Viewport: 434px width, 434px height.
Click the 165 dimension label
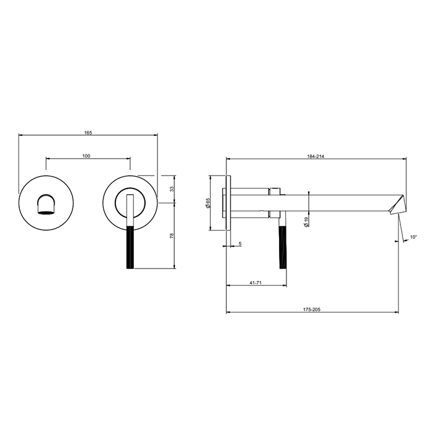pyautogui.click(x=88, y=133)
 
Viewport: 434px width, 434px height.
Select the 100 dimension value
pyautogui.click(x=86, y=156)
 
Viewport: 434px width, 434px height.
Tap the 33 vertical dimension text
pyautogui.click(x=172, y=189)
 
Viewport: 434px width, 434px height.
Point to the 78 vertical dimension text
pyautogui.click(x=172, y=236)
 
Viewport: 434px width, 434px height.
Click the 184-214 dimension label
pyautogui.click(x=316, y=156)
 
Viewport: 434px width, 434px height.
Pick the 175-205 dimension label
pyautogui.click(x=312, y=309)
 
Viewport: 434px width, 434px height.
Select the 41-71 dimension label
pyautogui.click(x=255, y=283)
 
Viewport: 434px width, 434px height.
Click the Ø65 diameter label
pyautogui.click(x=208, y=203)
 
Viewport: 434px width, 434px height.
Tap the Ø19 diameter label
pyautogui.click(x=306, y=222)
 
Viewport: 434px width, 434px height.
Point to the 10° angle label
pyautogui.click(x=414, y=237)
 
